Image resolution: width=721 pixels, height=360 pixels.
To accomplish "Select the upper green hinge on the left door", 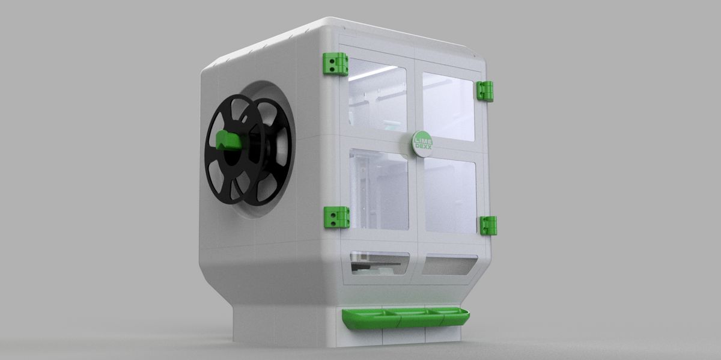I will click(x=335, y=64).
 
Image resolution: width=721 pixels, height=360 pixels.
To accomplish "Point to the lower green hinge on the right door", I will click(x=488, y=225).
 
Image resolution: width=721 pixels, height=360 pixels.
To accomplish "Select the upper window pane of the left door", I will click(x=377, y=96).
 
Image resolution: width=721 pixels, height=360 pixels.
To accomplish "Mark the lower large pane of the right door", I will click(x=451, y=195).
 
